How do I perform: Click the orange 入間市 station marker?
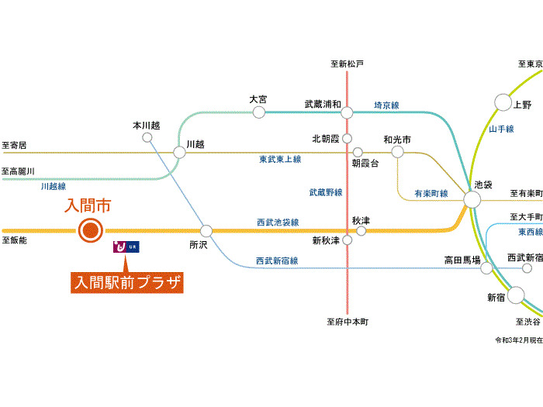[91, 229]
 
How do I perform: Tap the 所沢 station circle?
[206, 230]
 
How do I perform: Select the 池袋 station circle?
[472, 200]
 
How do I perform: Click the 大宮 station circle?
[259, 112]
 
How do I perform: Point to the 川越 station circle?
[179, 152]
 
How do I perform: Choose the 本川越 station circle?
[147, 137]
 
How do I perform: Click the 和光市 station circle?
[397, 152]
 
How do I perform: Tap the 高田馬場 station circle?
[486, 268]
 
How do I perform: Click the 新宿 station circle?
[517, 295]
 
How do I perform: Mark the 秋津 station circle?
[361, 230]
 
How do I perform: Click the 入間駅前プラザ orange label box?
[127, 282]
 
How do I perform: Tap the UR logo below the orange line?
[126, 247]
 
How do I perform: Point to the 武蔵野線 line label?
[326, 191]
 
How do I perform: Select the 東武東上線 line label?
[280, 159]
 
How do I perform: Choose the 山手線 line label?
[502, 129]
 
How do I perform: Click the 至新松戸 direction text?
[347, 64]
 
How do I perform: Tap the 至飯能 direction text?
[15, 240]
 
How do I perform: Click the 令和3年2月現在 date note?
[519, 340]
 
